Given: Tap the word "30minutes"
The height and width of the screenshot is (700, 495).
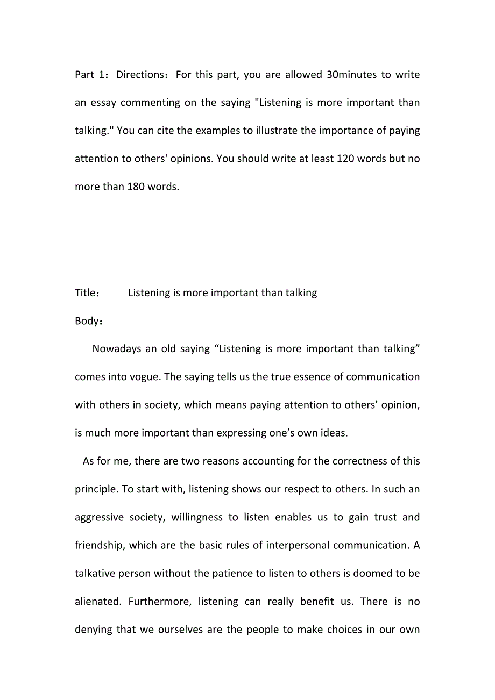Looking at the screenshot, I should point(351,75).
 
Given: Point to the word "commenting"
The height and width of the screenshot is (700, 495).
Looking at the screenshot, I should point(150,103).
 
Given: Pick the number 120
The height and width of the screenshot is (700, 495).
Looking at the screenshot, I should point(345,159).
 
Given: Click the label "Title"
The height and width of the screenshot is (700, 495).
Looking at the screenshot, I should point(84,293).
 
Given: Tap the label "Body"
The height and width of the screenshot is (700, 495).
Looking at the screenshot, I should point(87,321).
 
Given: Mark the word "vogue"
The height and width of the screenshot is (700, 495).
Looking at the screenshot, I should point(144,377).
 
